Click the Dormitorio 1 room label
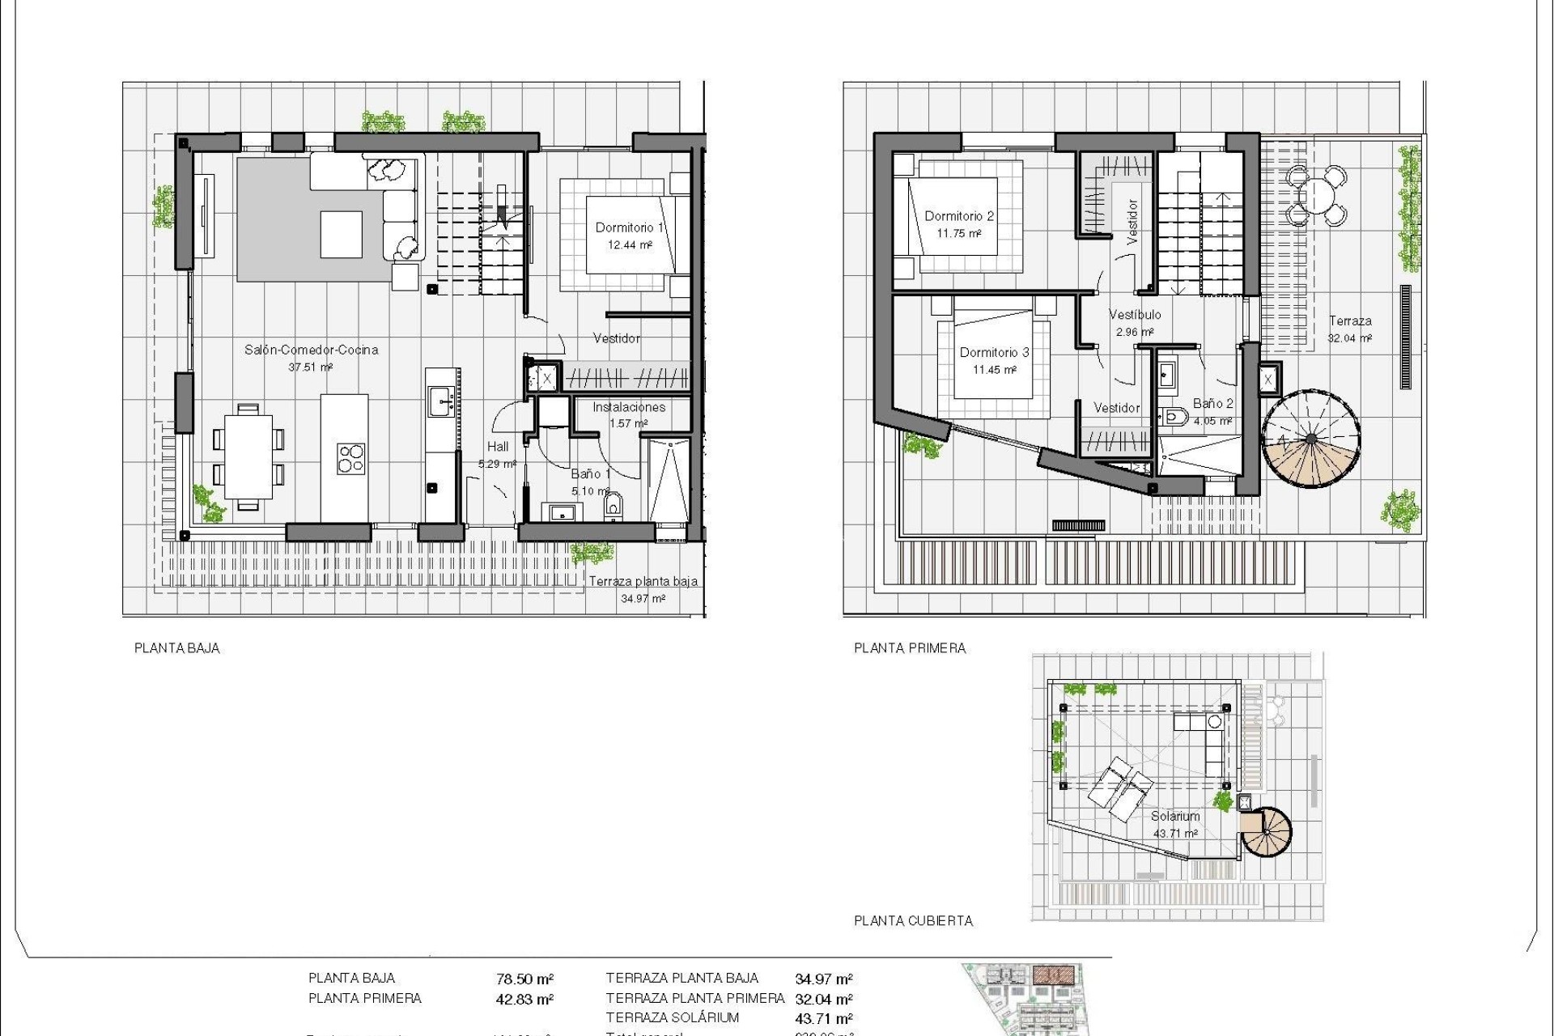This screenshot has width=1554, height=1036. pos(629,227)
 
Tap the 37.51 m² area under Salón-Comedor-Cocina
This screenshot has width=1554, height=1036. pos(311,367)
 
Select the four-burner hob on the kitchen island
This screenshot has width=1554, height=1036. pos(350,458)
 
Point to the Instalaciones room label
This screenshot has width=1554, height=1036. pos(629,407)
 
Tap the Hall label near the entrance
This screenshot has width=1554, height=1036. pos(498,447)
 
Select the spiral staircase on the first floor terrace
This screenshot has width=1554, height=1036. pos(1310,440)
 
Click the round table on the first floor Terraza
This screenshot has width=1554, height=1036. pos(1318,196)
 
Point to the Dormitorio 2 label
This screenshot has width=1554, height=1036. pos(959,216)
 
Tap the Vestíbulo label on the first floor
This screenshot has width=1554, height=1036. pos(1135,314)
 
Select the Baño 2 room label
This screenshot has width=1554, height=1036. pos(1212,403)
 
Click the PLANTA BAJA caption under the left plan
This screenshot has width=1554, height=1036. pos(177,648)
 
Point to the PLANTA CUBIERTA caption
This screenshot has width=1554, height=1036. pos(913,921)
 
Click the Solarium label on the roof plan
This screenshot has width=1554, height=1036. pos(1174,817)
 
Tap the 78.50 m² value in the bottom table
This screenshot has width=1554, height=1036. pos(524,979)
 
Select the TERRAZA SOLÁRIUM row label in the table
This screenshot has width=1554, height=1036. pos(672,1018)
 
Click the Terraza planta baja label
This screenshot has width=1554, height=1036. pos(643,581)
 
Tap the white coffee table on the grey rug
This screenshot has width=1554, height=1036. pos(341,234)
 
